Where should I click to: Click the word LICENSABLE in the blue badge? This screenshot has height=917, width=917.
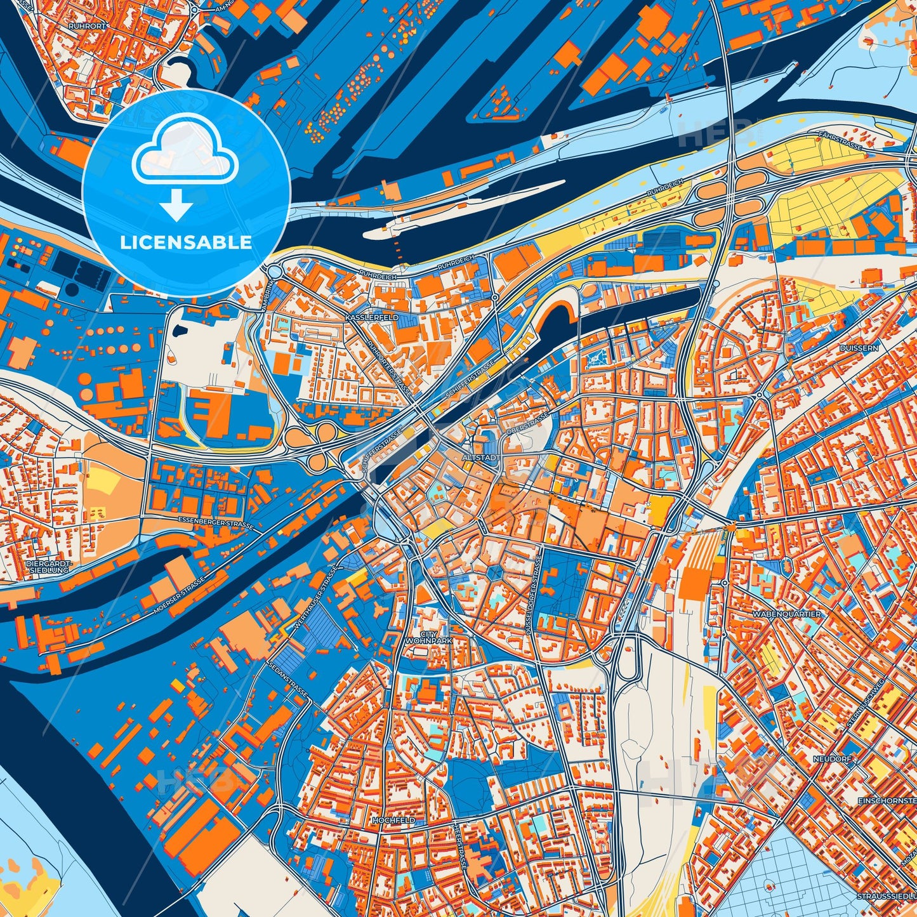click(186, 242)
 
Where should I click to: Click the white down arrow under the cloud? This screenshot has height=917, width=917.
click(176, 206)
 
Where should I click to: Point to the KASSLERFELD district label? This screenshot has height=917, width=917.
click(372, 317)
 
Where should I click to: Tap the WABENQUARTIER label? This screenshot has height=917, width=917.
click(786, 614)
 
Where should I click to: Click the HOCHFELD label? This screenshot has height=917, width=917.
click(393, 820)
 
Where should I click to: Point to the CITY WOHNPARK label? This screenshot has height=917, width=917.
click(429, 637)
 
